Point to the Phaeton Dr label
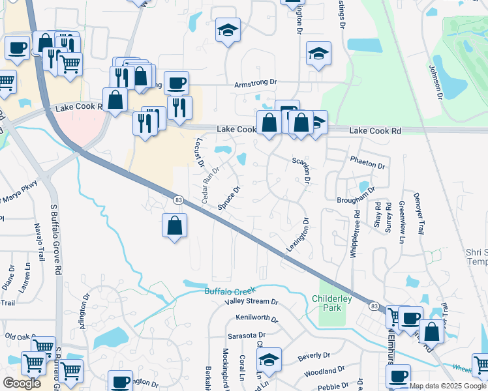click(x=369, y=160)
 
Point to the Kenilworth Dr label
click(x=258, y=321)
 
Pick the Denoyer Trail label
click(x=420, y=214)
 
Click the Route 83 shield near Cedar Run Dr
click(x=177, y=199)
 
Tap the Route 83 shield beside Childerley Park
click(x=374, y=306)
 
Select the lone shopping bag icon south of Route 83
click(x=175, y=226)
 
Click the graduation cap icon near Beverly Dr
click(x=268, y=360)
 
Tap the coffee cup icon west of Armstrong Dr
click(x=176, y=83)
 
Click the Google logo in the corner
click(x=22, y=383)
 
